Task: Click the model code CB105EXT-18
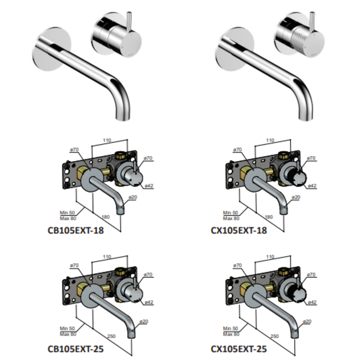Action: pos(76,230)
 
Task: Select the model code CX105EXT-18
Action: pos(239,230)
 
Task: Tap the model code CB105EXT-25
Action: pos(76,349)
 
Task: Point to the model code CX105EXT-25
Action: pos(239,349)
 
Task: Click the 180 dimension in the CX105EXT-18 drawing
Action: pos(269,217)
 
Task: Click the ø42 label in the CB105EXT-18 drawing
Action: pos(148,186)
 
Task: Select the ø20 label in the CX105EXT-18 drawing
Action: pos(296,198)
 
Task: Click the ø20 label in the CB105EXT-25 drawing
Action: pos(143,321)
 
